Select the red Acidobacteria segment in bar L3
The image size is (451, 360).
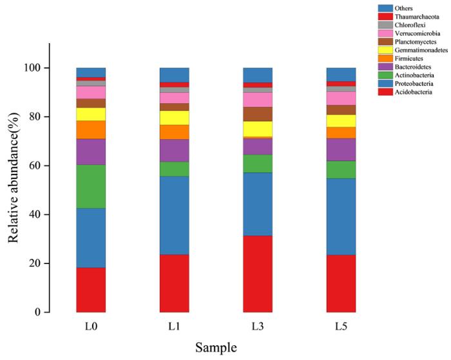[257, 274]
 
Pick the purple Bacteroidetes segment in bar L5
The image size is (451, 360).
[341, 149]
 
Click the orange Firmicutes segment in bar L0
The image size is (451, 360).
[91, 129]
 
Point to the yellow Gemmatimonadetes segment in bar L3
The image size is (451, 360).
[257, 129]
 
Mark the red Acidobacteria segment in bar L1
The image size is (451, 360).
[174, 283]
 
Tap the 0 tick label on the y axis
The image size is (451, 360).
[39, 312]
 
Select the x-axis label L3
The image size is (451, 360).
[257, 327]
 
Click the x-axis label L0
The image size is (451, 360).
[91, 327]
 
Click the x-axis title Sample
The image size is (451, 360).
[216, 348]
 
